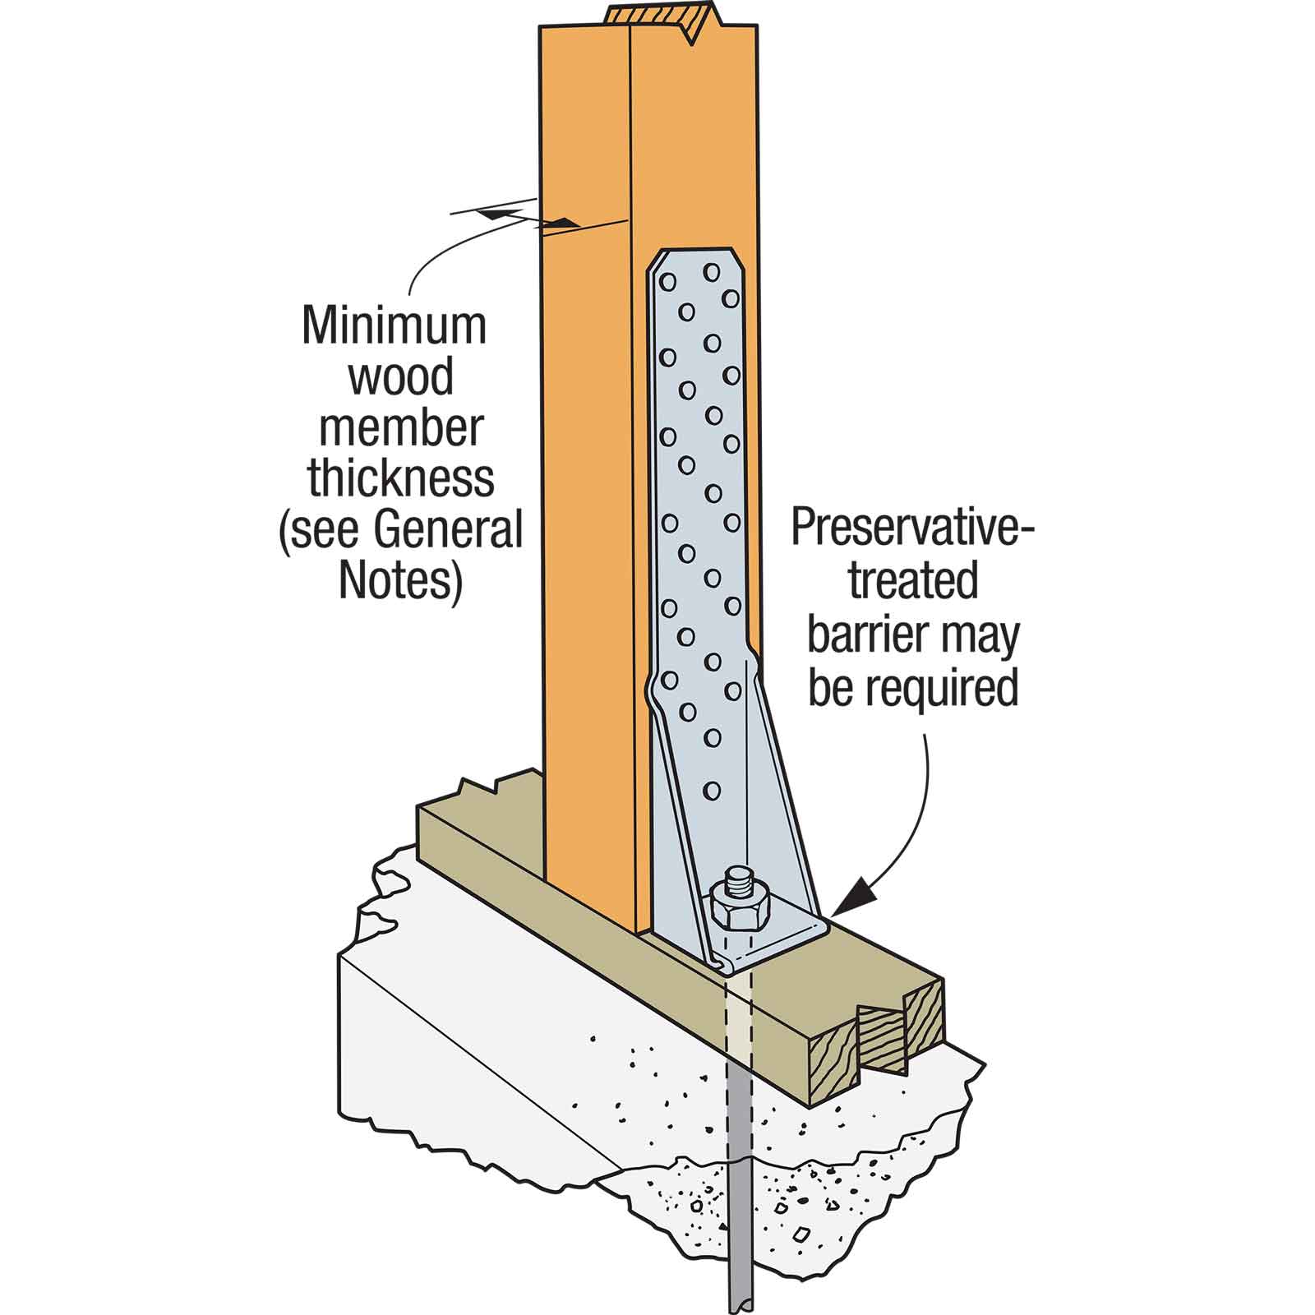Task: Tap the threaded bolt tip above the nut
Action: pyautogui.click(x=740, y=878)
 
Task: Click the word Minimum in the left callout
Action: pyautogui.click(x=394, y=325)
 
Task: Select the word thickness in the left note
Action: pyautogui.click(x=401, y=478)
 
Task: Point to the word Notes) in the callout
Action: pyautogui.click(x=401, y=580)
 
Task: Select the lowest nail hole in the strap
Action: pyautogui.click(x=712, y=791)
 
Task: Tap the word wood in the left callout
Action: pyautogui.click(x=401, y=376)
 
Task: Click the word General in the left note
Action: pyautogui.click(x=448, y=530)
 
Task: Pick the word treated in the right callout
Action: pyautogui.click(x=912, y=582)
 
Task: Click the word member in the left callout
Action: pyautogui.click(x=401, y=427)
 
